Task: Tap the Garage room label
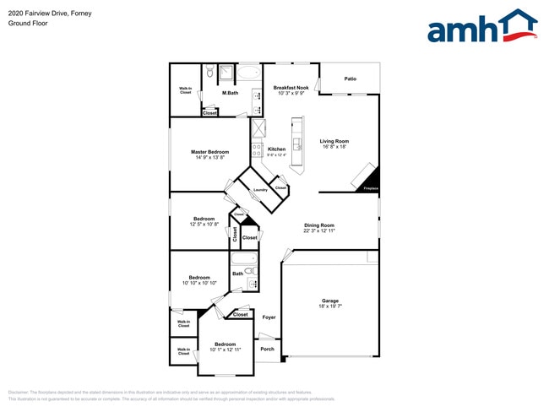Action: point(329,301)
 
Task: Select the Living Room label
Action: point(334,141)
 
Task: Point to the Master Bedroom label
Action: point(209,152)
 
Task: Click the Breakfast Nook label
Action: point(290,88)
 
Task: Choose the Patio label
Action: point(350,79)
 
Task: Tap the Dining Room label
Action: point(319,225)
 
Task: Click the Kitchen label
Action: point(276,149)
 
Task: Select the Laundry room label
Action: point(260,190)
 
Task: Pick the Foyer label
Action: point(269,317)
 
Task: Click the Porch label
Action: point(267,349)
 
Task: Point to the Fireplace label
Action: point(370,188)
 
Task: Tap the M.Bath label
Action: point(230,93)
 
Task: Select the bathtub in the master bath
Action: point(248,73)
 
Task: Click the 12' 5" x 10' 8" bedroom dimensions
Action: point(204,225)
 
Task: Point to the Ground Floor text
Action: point(27,24)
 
